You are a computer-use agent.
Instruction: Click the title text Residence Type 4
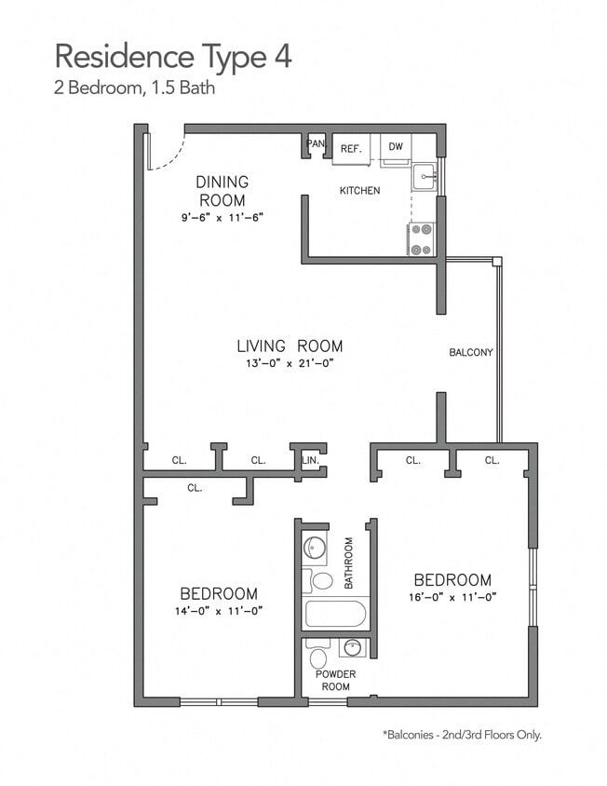coord(173,56)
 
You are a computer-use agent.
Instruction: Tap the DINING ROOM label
coord(222,191)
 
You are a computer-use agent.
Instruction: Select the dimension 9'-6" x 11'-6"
coord(223,218)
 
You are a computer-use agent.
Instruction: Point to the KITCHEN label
coord(359,191)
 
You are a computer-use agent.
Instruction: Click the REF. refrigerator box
coord(351,148)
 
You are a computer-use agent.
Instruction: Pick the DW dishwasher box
coord(396,147)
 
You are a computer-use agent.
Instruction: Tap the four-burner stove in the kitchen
coord(422,239)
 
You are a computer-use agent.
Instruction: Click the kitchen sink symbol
coord(425,176)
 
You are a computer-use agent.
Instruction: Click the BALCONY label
coord(471,353)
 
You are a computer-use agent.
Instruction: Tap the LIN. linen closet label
coord(311,460)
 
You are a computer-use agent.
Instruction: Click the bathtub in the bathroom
coord(335,614)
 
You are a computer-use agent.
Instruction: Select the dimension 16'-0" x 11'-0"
coord(452,597)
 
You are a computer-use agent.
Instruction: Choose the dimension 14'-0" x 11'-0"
coord(219,611)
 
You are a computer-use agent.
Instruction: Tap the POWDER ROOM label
coord(336,680)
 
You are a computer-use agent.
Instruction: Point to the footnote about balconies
coord(461,735)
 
